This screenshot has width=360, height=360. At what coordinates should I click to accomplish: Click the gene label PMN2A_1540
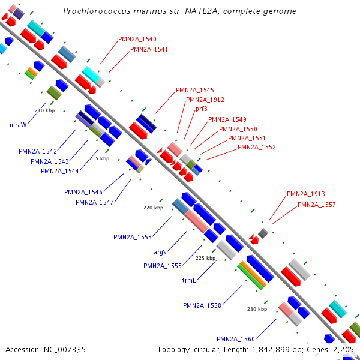pyautogui.click(x=137, y=39)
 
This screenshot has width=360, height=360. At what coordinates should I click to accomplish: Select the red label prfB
pyautogui.click(x=202, y=109)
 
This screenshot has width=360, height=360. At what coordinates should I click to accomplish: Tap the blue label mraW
pyautogui.click(x=18, y=125)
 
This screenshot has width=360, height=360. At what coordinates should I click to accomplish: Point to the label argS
pyautogui.click(x=160, y=253)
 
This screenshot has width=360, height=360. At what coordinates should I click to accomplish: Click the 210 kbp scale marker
pyautogui.click(x=45, y=110)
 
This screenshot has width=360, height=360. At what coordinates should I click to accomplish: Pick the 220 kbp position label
pyautogui.click(x=153, y=208)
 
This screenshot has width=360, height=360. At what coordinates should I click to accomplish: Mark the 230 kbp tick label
pyautogui.click(x=257, y=309)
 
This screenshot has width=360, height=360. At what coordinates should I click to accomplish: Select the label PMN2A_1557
pyautogui.click(x=317, y=205)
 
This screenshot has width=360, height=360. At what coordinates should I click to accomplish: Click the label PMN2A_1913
pyautogui.click(x=306, y=194)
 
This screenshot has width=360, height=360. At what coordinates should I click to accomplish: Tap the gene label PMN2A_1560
pyautogui.click(x=236, y=338)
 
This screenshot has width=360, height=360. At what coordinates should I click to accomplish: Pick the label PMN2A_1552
pyautogui.click(x=257, y=147)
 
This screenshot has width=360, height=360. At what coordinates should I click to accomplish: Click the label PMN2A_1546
pyautogui.click(x=83, y=192)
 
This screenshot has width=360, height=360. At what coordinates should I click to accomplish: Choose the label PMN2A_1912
pyautogui.click(x=205, y=100)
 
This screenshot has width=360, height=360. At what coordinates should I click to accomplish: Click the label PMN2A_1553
pyautogui.click(x=133, y=237)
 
